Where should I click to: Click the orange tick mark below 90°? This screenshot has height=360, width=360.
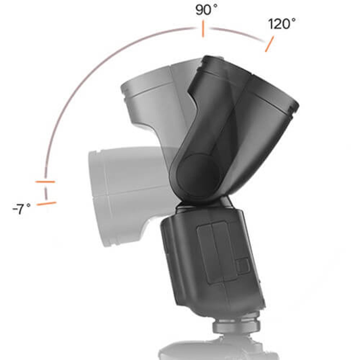(203, 29)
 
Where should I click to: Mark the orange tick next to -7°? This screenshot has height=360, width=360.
(47, 204)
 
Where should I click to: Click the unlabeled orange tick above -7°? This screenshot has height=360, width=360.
(45, 182)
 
